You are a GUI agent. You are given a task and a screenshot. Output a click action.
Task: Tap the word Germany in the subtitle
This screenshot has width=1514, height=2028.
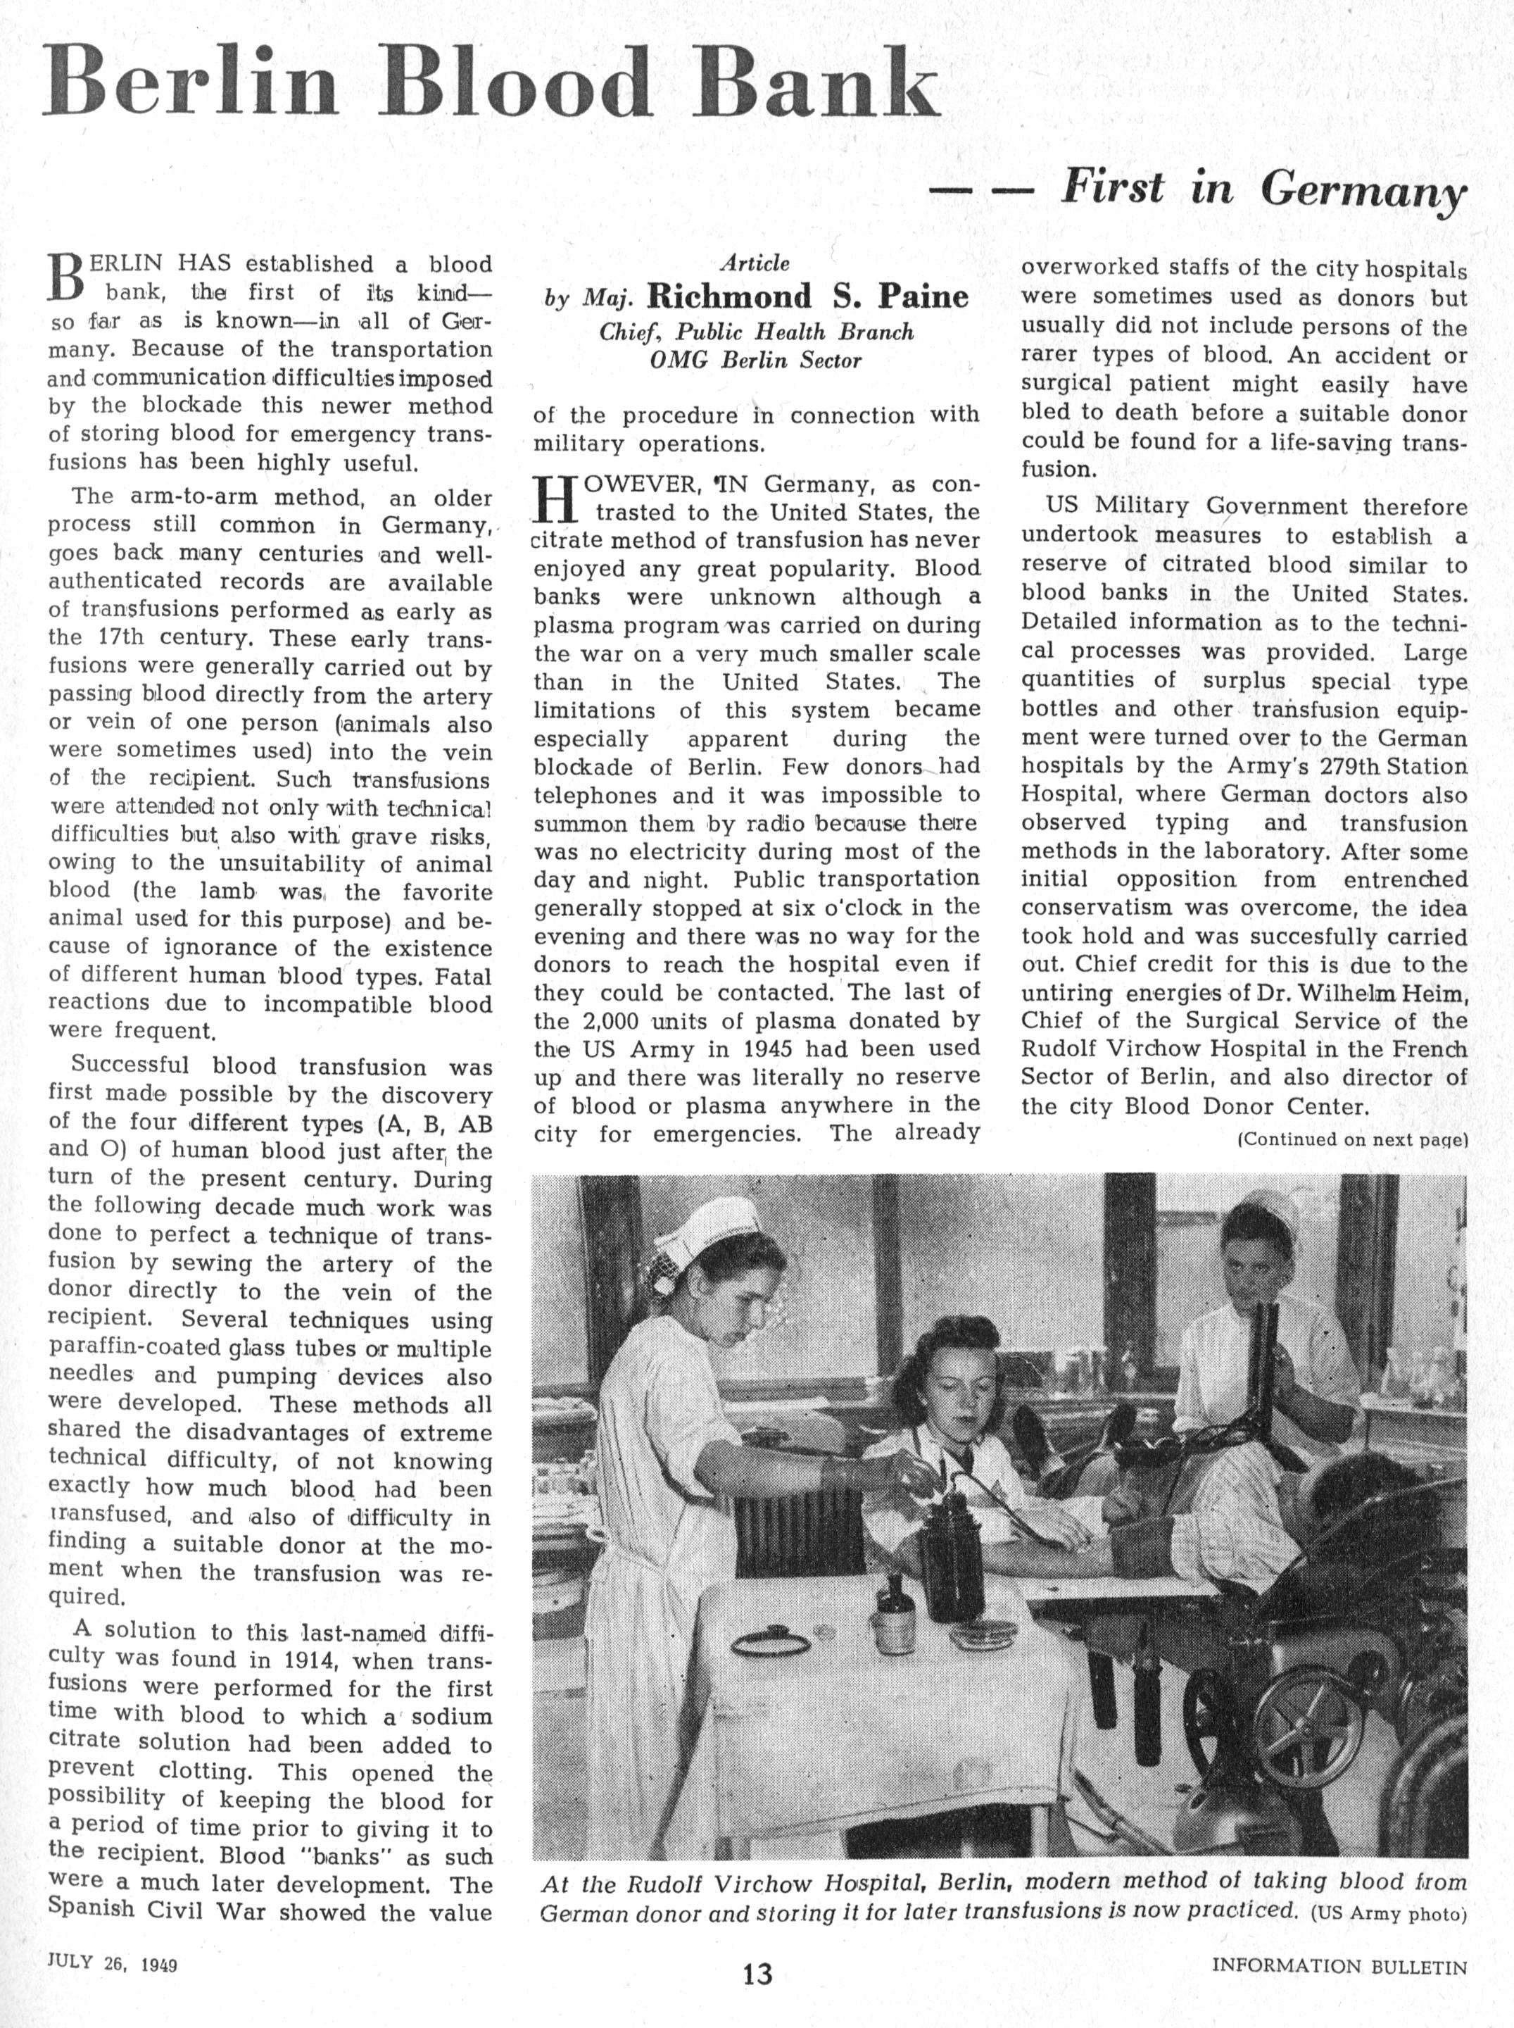pyautogui.click(x=1363, y=190)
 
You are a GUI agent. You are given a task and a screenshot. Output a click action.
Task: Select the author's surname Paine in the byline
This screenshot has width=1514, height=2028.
pyautogui.click(x=923, y=296)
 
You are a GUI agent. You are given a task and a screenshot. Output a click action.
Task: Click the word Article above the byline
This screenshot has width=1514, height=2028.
pyautogui.click(x=755, y=264)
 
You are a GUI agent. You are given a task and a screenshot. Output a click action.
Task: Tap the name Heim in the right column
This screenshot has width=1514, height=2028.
pyautogui.click(x=1438, y=992)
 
